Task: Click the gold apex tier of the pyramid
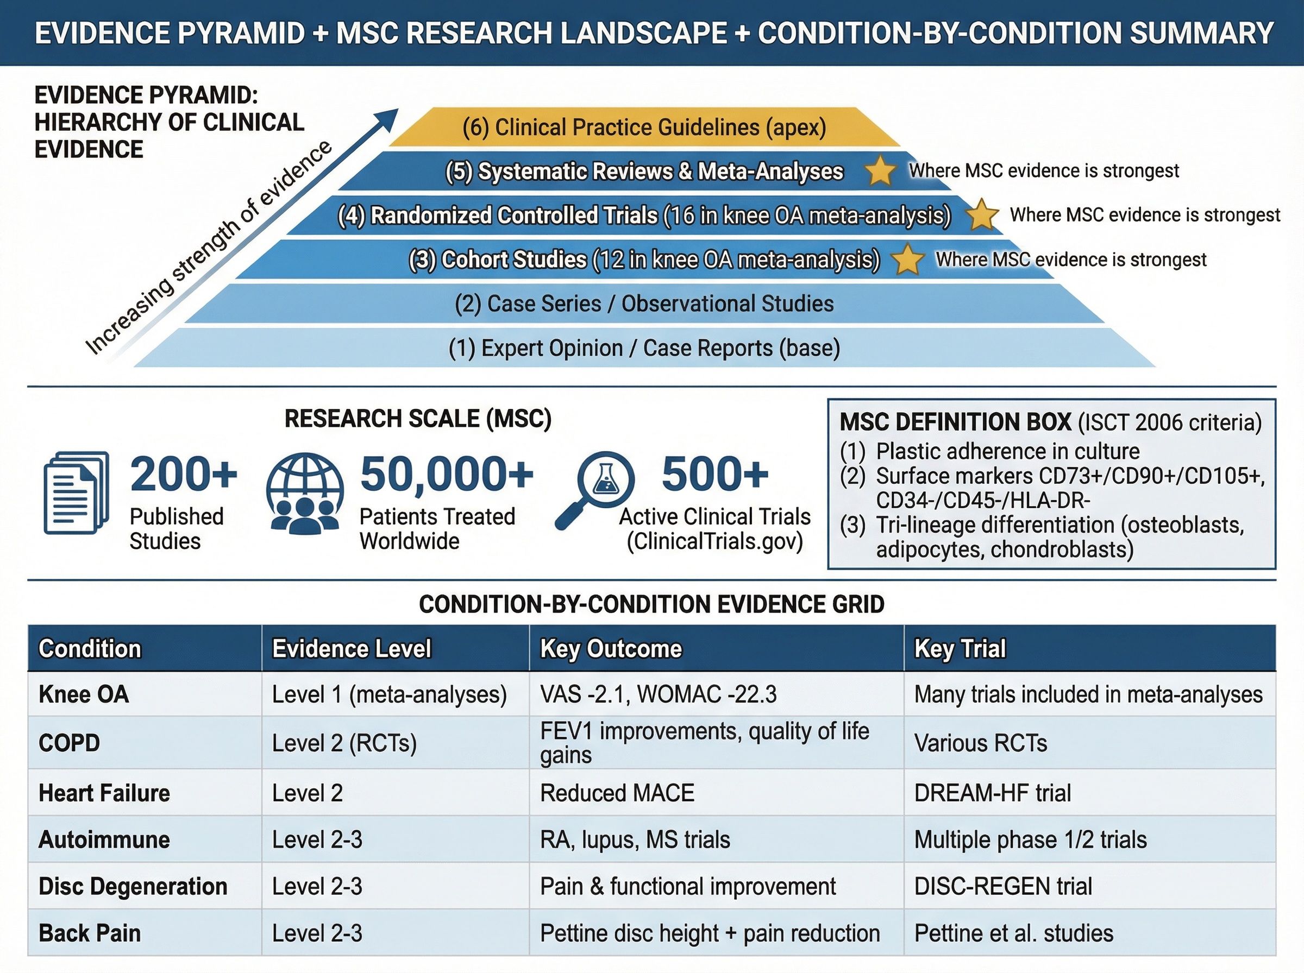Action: coord(644,127)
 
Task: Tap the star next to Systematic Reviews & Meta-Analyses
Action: coord(880,172)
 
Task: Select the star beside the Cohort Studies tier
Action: coord(907,260)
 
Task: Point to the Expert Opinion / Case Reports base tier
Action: coord(644,348)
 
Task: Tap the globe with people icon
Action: coord(305,493)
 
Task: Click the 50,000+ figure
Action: coord(447,475)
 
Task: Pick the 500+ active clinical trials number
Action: coord(714,475)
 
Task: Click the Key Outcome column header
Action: coord(611,648)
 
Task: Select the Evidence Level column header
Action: coord(352,648)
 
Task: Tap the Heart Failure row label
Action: coord(104,793)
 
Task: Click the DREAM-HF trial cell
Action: coord(992,793)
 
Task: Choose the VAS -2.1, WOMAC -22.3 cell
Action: coord(658,694)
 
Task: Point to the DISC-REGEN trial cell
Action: coord(1003,887)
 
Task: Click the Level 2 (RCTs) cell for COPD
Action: coord(344,743)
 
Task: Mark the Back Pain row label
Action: coord(90,933)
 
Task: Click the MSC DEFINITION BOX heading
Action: coord(955,422)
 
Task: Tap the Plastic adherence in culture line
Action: coord(1007,452)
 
